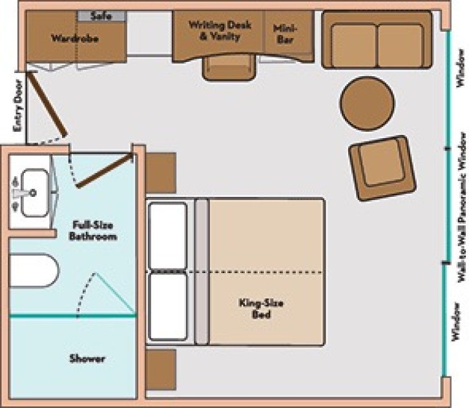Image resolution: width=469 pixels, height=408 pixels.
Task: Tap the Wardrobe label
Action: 70,37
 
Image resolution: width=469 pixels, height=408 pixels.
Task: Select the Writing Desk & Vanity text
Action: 214,30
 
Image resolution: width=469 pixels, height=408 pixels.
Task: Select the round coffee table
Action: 368,103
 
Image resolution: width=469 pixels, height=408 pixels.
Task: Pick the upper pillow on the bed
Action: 167,235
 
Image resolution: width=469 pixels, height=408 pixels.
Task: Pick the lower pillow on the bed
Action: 167,307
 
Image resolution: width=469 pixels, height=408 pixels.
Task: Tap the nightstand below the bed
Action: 160,369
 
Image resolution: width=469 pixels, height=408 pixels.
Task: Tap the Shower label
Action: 87,358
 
